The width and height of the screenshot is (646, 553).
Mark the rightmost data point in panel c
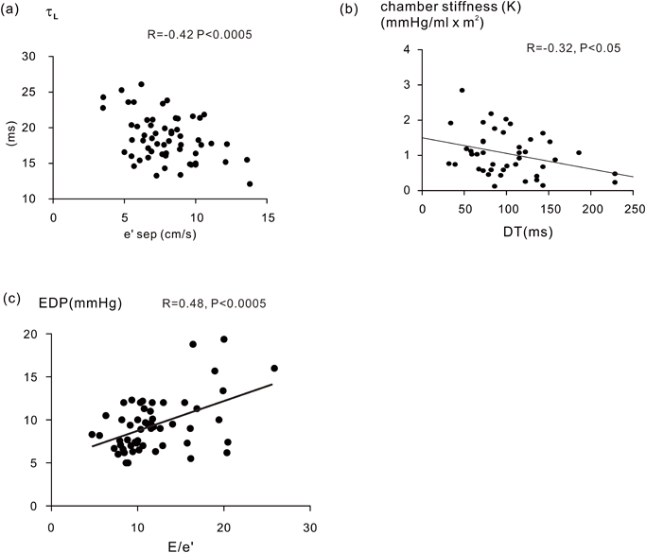click(274, 369)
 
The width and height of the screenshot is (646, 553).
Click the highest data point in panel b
click(462, 91)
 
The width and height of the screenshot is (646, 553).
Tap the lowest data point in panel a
click(250, 183)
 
